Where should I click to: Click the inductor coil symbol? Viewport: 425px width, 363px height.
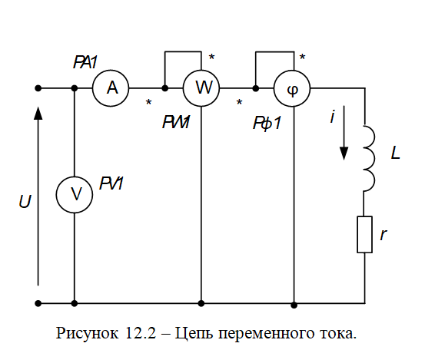point(374,158)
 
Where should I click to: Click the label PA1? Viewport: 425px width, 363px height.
point(85,62)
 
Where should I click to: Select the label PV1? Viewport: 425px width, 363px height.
point(111,183)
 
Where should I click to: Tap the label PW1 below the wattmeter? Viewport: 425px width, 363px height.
point(176,122)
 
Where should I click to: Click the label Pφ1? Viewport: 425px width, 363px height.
point(267,123)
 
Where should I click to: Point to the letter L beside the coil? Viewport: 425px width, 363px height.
point(396,153)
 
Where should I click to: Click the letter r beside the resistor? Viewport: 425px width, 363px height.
point(383,234)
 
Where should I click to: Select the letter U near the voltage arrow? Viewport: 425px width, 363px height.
point(25,201)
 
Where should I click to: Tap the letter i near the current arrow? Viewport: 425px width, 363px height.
point(333,117)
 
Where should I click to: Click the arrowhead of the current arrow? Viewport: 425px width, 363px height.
point(344,153)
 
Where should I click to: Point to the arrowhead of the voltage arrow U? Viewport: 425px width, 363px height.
point(38,113)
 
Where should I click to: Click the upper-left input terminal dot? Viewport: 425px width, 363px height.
point(38,88)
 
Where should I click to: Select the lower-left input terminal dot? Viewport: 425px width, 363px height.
point(38,303)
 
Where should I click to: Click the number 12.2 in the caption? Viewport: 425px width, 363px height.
point(141,333)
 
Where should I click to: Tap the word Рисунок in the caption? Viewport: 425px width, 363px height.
point(87,334)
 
